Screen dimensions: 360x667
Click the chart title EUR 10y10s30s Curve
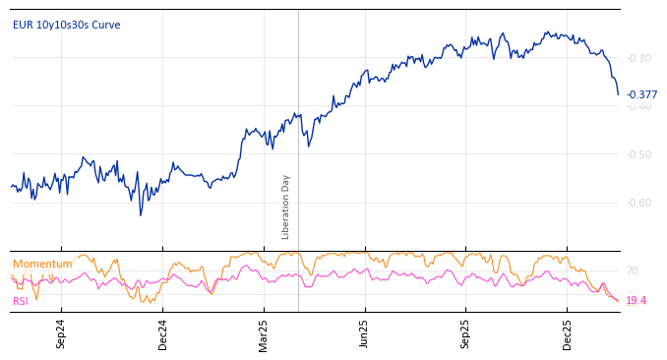click(x=66, y=25)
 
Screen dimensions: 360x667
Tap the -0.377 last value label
click(x=641, y=95)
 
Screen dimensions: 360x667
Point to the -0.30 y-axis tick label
click(x=639, y=58)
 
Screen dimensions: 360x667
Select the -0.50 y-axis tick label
click(x=639, y=154)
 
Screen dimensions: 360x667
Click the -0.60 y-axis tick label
click(x=639, y=203)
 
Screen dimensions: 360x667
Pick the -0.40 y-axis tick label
click(x=639, y=106)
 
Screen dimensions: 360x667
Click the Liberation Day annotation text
click(x=286, y=207)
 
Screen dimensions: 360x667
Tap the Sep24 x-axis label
click(x=61, y=333)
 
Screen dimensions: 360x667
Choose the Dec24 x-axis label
click(x=163, y=333)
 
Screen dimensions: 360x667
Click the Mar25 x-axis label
click(x=264, y=333)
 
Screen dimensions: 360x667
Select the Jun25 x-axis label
click(x=364, y=333)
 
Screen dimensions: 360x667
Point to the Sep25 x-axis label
click(x=465, y=333)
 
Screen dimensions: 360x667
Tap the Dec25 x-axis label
click(x=567, y=333)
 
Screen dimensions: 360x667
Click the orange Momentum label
click(x=42, y=264)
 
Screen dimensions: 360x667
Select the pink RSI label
click(x=21, y=301)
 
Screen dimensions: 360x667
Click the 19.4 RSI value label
click(x=636, y=300)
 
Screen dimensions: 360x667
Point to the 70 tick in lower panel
click(x=632, y=270)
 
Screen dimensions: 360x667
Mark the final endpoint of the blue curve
click(x=619, y=94)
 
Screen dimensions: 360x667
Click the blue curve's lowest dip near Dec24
click(x=140, y=214)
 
